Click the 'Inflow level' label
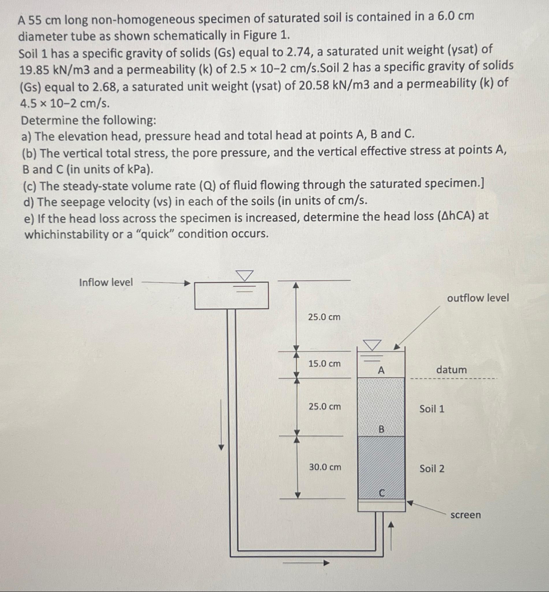pos(106,282)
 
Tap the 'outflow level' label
pos(478,298)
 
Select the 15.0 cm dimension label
pos(324,363)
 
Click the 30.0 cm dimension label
pos(325,467)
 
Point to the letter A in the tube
pos(381,371)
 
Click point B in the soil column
pos(381,429)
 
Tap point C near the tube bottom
pos(382,493)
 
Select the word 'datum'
pos(451,370)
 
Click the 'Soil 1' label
pos(432,409)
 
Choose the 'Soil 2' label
pos(432,469)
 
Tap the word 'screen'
pos(465,515)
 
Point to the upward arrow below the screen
pos(391,535)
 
